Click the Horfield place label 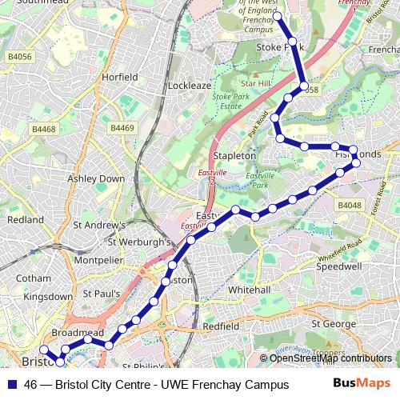(x=120, y=77)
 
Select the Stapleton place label (x=234, y=155)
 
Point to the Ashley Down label (x=96, y=178)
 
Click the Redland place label (x=26, y=219)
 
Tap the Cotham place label (x=33, y=278)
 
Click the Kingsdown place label (x=47, y=296)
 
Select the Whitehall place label (x=250, y=289)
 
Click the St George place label (x=333, y=324)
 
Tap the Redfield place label (x=221, y=326)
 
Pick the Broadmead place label (x=78, y=331)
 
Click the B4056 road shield (x=19, y=57)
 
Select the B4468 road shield (x=44, y=129)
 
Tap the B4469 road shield (x=122, y=128)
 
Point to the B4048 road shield (x=350, y=206)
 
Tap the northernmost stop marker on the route (x=277, y=16)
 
